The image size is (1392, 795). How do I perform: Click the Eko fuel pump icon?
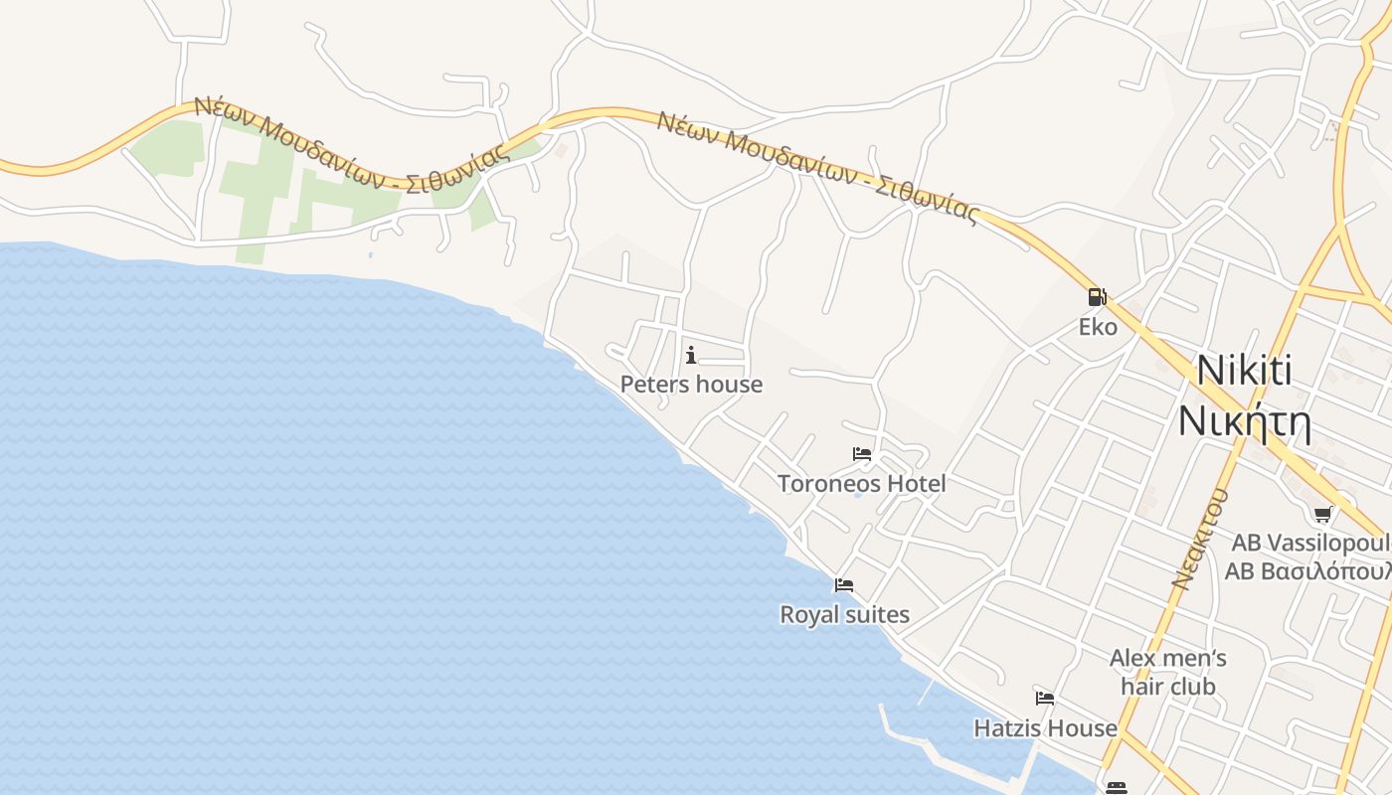coord(1097,296)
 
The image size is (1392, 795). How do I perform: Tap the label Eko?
coord(1098,327)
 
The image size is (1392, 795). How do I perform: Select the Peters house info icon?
coord(691,355)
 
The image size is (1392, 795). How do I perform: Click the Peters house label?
coord(691,385)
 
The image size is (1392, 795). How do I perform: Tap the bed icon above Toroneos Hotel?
coord(862,454)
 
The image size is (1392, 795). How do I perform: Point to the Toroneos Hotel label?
coord(861,484)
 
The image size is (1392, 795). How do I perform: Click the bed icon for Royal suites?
coord(844,584)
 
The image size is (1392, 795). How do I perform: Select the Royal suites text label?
coord(844,615)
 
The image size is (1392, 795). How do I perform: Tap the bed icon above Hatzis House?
coord(1044,698)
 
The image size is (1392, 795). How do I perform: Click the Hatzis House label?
coord(1045,728)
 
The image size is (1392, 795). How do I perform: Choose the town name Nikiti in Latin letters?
coord(1244,371)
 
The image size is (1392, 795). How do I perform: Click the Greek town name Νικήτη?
coord(1244,421)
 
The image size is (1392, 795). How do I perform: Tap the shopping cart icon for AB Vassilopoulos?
coord(1322,514)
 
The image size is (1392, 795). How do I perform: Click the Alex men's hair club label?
coord(1167,672)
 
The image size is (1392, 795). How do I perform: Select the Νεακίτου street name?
coord(1200,538)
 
